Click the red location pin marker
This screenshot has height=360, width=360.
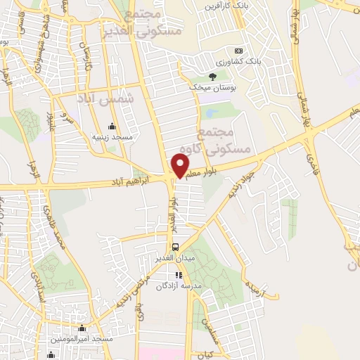pos(181,166)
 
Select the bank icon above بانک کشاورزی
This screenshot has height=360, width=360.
pos(238,51)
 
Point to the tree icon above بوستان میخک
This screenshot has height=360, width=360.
pos(214,76)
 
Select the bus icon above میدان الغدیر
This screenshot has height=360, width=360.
pos(176,247)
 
